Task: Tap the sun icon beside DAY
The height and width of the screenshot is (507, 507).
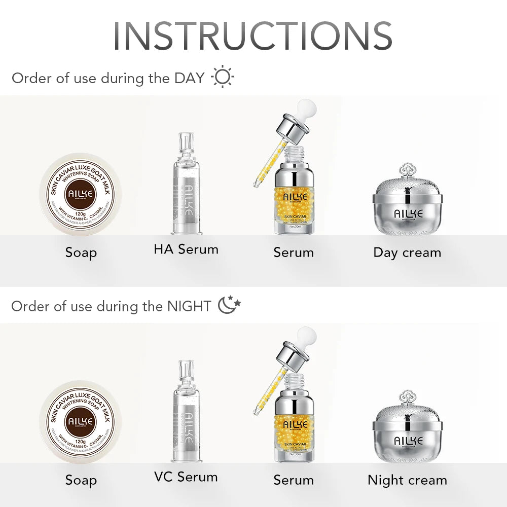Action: tap(223, 78)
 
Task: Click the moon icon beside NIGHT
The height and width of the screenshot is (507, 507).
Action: tap(229, 305)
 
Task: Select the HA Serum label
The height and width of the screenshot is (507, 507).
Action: tap(186, 249)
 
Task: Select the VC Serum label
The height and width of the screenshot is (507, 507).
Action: tap(186, 477)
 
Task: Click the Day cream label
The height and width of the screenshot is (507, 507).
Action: tap(407, 252)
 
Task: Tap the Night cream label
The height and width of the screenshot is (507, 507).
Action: tap(407, 480)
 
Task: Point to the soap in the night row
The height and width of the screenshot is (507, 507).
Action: tap(81, 422)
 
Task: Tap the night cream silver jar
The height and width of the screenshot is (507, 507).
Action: tap(407, 436)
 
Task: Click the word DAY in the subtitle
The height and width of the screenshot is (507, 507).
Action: tap(189, 78)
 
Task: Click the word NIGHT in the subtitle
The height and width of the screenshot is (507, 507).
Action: tap(189, 306)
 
